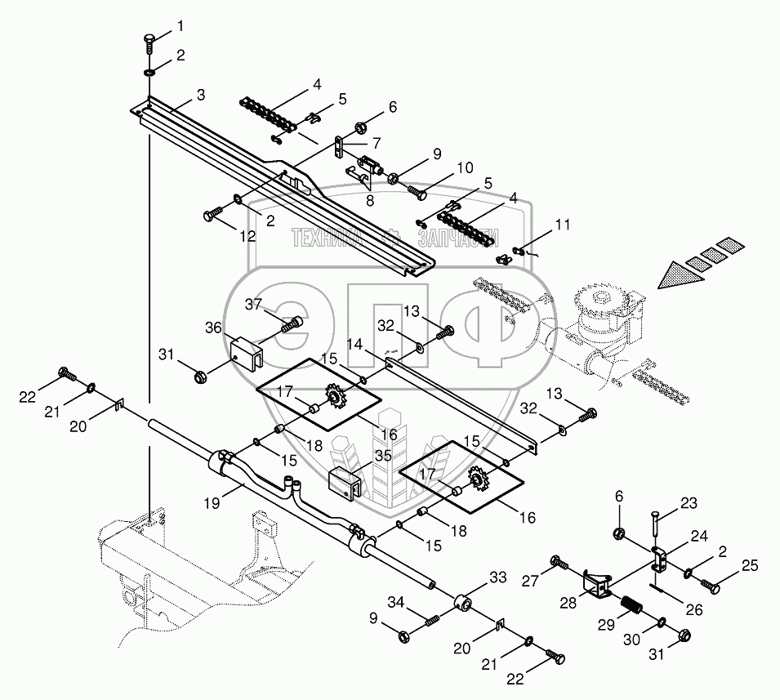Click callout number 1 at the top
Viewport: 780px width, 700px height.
(180, 26)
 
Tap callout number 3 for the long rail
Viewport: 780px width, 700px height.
(200, 95)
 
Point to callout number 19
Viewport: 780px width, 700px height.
(212, 503)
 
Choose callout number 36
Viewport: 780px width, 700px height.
(213, 328)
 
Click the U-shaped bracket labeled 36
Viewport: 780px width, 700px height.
(247, 353)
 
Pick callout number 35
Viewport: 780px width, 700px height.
(384, 456)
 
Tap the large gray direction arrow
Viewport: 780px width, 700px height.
(681, 275)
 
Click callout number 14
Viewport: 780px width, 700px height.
(355, 344)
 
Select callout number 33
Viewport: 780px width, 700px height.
(498, 577)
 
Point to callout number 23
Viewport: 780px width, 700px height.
(689, 503)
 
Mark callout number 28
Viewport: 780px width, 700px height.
(568, 602)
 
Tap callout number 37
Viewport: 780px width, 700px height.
(254, 304)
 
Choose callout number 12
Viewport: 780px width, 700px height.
(247, 235)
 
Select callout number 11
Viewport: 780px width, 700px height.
(563, 225)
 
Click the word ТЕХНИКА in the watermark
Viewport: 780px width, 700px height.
(327, 238)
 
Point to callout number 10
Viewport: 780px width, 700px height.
(465, 167)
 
